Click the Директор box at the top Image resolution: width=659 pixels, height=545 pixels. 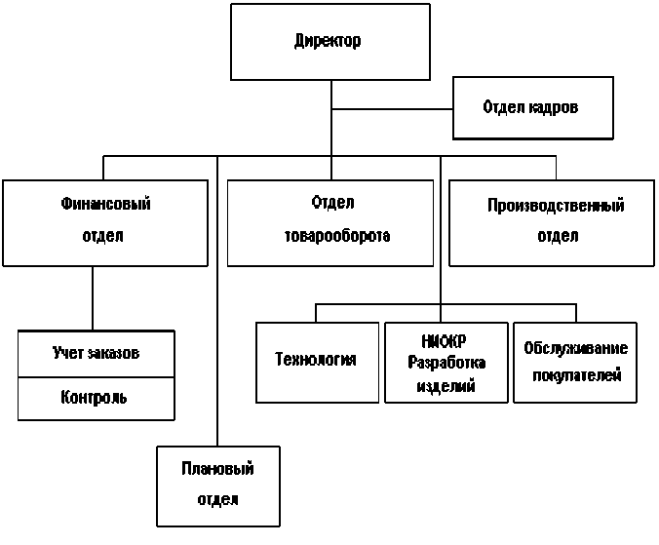pos(330,42)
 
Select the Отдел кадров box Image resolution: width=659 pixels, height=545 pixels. pos(533,108)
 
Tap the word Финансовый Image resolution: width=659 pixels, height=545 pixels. pos(105,204)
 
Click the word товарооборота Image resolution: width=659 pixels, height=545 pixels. pos(337,236)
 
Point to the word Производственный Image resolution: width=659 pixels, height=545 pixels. pos(556,206)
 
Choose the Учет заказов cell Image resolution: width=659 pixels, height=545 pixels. pos(97,354)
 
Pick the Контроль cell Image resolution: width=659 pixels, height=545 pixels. pos(97,399)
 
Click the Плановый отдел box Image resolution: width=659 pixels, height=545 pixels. pos(218,487)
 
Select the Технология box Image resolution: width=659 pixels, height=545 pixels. pos(317,363)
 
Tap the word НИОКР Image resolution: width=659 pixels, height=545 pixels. pos(444,341)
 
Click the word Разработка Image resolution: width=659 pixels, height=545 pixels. pos(446,363)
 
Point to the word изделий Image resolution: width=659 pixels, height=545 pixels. pos(446,385)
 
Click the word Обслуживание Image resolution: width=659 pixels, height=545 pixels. pos(575,348)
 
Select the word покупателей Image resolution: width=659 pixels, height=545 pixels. pos(577,374)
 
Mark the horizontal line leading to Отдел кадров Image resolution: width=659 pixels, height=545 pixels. pos(392,109)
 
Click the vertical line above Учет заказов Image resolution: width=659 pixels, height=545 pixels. pos(93,298)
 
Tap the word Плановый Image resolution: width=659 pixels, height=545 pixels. pos(217,469)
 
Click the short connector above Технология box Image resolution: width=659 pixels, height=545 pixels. pos(316,313)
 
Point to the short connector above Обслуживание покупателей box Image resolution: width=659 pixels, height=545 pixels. pos(576,313)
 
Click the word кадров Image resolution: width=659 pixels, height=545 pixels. pos(553,107)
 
